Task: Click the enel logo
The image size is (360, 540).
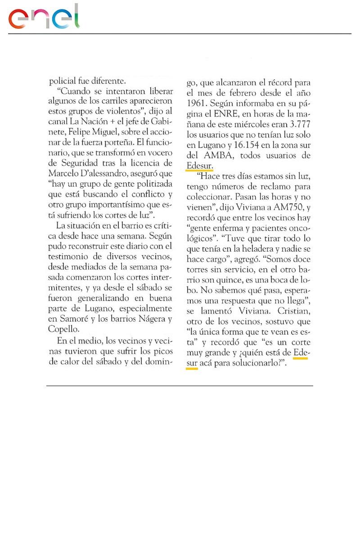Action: click(x=44, y=18)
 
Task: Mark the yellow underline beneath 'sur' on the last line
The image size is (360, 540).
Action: click(x=192, y=369)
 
